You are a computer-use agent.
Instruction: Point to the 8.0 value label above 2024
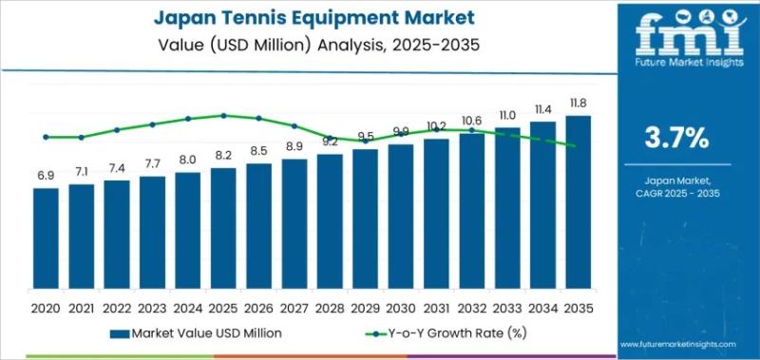click(187, 160)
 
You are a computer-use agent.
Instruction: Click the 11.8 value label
click(578, 104)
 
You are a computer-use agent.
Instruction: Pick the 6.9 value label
click(45, 176)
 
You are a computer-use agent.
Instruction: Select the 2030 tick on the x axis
click(400, 309)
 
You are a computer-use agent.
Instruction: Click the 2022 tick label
click(116, 309)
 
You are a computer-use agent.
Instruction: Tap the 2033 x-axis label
click(507, 309)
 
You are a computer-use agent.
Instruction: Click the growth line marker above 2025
click(223, 116)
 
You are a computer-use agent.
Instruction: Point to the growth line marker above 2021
click(81, 137)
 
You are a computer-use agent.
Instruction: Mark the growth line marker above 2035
click(578, 145)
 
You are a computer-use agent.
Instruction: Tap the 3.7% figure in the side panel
click(675, 138)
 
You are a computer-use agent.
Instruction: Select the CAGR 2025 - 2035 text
click(675, 194)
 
